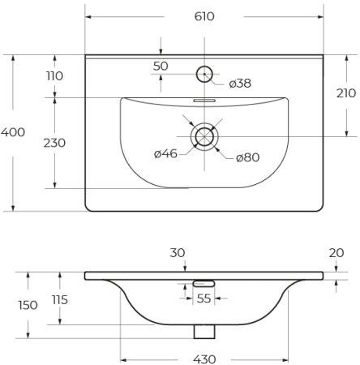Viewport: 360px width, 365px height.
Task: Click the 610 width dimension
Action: (x=204, y=16)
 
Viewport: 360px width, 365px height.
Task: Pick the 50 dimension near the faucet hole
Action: (x=161, y=65)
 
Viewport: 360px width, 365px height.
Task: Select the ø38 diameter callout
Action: (x=239, y=83)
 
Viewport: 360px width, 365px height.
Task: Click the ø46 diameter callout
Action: (x=165, y=153)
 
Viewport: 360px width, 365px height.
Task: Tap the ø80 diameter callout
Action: (x=247, y=157)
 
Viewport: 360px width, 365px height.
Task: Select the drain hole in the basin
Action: (x=204, y=135)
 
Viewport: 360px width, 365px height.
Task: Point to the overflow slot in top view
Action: (x=204, y=101)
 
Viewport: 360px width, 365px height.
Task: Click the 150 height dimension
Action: (x=28, y=305)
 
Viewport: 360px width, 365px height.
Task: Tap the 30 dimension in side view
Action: (x=177, y=253)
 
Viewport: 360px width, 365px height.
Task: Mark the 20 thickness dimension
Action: (x=337, y=254)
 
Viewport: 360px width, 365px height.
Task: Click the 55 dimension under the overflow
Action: (x=204, y=298)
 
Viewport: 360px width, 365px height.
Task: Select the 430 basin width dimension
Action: (x=204, y=359)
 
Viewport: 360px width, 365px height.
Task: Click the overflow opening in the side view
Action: (x=204, y=282)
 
